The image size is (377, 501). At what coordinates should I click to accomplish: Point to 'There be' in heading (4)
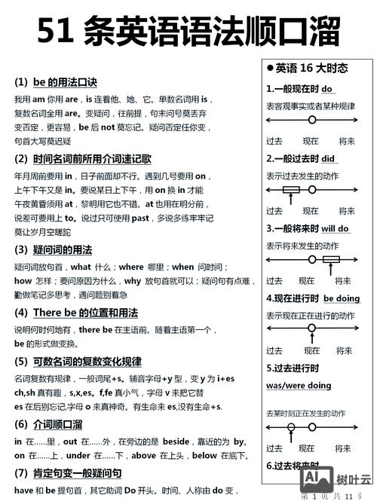[x=55, y=312]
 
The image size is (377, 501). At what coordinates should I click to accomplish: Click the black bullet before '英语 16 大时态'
[x=270, y=69]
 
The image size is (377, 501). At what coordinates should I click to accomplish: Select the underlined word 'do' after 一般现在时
[x=327, y=89]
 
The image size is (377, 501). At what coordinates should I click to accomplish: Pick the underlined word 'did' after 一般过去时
[x=328, y=159]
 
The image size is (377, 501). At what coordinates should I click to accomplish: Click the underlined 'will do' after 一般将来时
[x=335, y=228]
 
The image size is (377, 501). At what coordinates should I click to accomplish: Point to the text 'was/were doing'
[x=299, y=385]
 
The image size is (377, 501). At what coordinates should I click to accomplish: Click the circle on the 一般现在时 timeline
[x=311, y=120]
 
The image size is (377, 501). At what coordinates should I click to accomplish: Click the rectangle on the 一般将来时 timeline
[x=331, y=260]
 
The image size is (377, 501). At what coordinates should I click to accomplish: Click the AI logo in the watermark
[x=317, y=478]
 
